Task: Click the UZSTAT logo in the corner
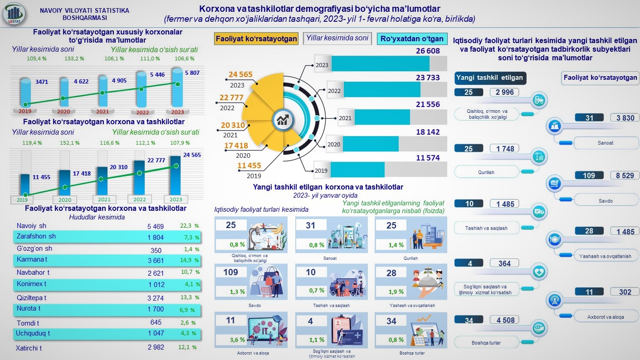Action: tap(14, 14)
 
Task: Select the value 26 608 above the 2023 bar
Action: tap(428, 51)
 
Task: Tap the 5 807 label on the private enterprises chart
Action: tap(192, 73)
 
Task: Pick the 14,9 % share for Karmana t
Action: tap(190, 260)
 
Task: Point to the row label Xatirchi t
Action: tap(29, 348)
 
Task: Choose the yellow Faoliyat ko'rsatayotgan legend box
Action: tap(256, 39)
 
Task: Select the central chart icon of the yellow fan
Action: tap(282, 121)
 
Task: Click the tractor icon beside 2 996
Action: tap(539, 100)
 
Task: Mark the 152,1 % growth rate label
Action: tap(70, 142)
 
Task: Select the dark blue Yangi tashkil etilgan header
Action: tap(489, 78)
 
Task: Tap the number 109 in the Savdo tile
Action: tap(231, 272)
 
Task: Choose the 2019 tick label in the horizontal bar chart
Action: tap(321, 170)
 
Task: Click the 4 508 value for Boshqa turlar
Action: tap(505, 320)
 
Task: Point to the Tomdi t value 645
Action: tap(156, 322)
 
